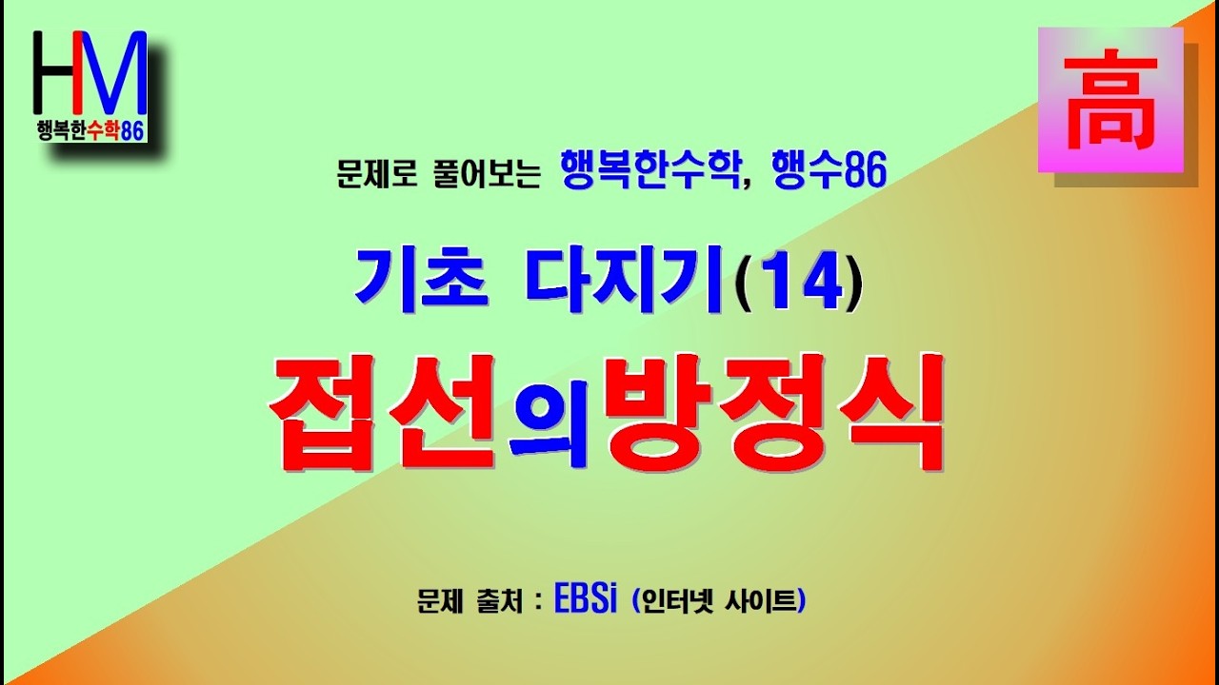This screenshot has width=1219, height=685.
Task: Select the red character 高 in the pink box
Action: pyautogui.click(x=1110, y=99)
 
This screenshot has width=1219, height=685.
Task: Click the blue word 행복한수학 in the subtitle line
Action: pyautogui.click(x=653, y=171)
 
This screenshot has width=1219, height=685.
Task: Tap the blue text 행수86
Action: pyautogui.click(x=830, y=171)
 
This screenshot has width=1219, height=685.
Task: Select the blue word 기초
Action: pyautogui.click(x=422, y=282)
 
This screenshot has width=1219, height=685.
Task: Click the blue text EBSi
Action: pyautogui.click(x=587, y=601)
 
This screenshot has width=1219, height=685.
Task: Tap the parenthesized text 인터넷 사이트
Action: pyautogui.click(x=719, y=602)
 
